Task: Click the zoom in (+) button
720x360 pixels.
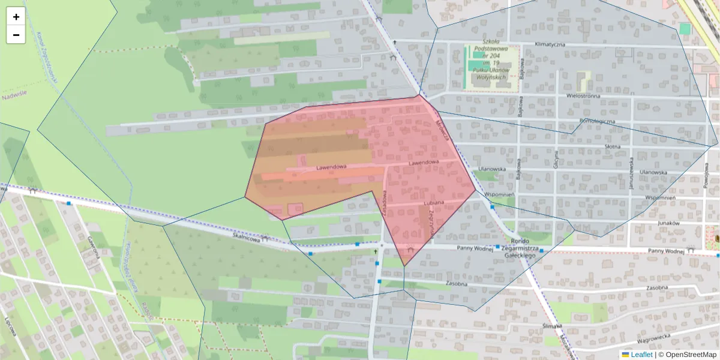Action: [16, 17]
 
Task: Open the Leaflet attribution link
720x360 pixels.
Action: [641, 355]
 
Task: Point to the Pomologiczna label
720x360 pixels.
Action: [593, 121]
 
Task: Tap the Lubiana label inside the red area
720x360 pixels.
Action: [433, 203]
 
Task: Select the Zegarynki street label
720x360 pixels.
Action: [431, 227]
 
